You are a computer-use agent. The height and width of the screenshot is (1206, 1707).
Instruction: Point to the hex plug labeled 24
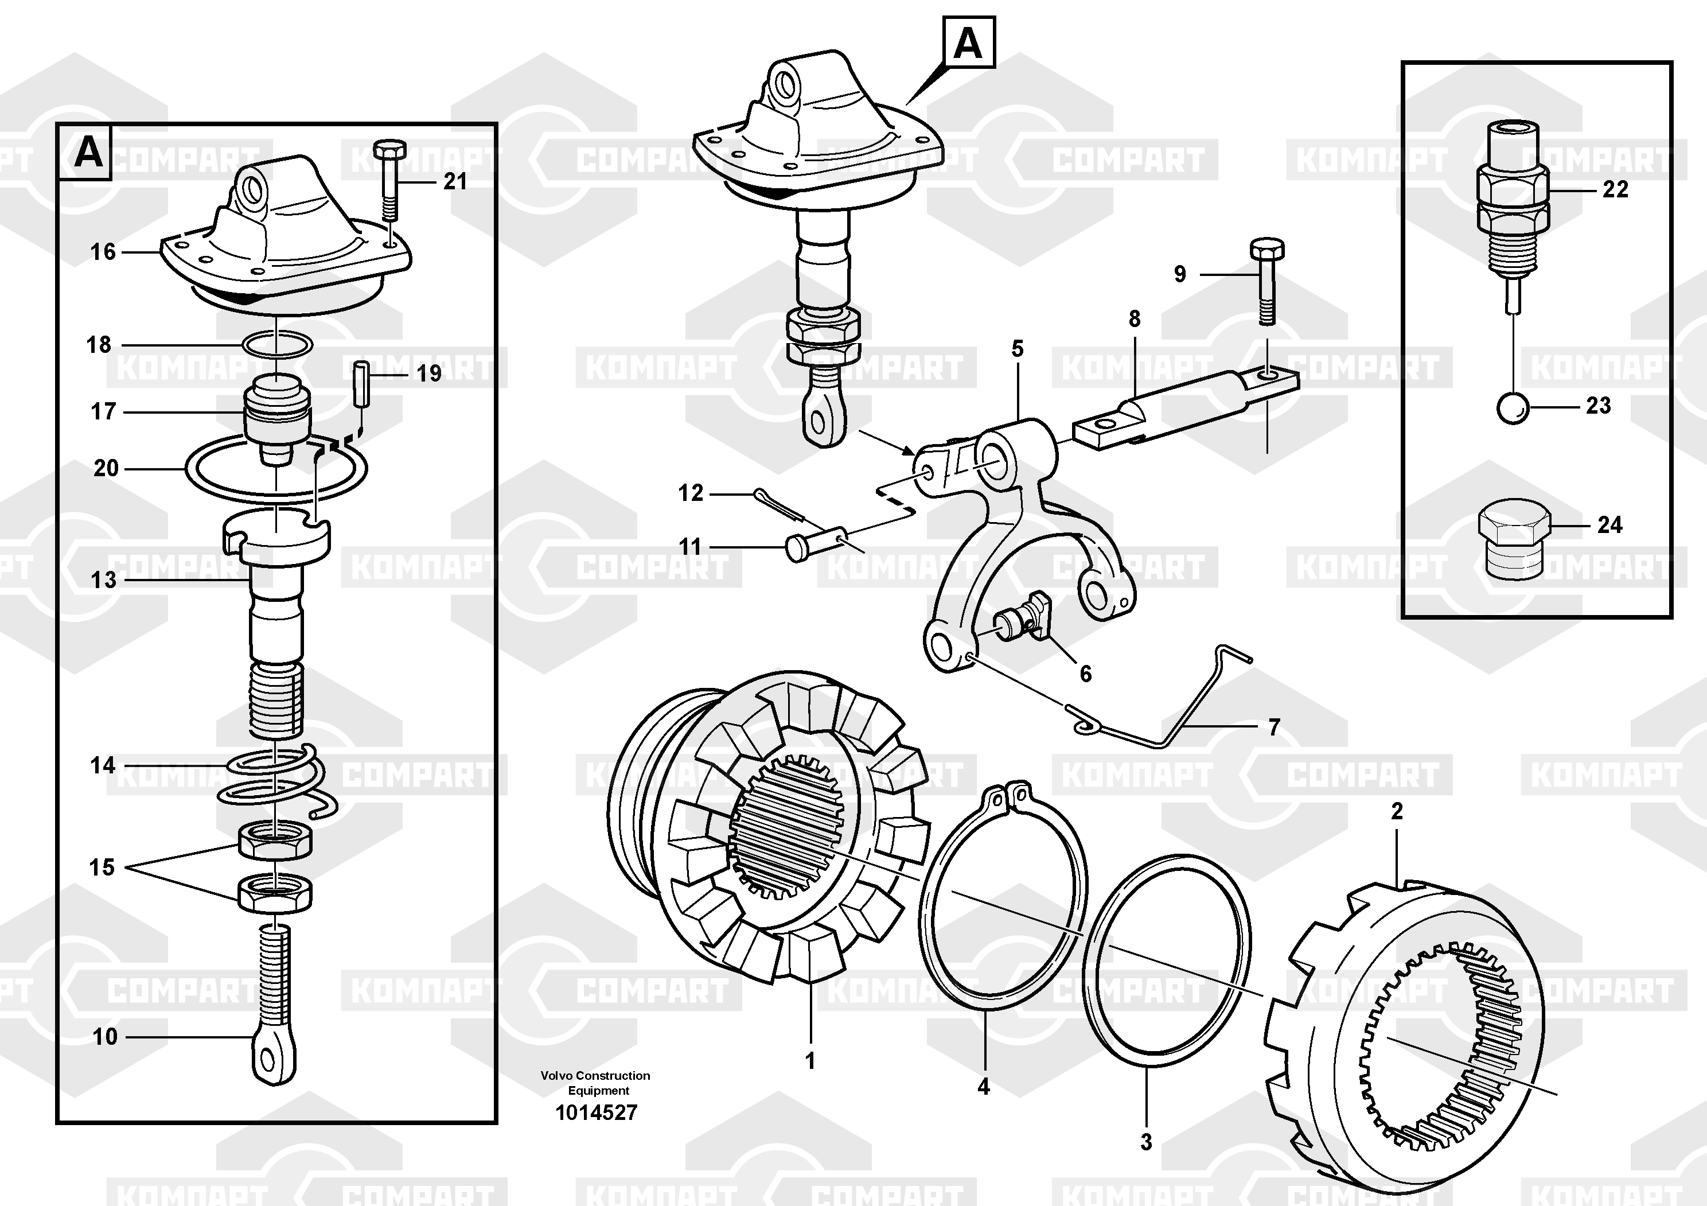(x=1514, y=540)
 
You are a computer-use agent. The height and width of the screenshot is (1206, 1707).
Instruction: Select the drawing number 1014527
(x=597, y=1113)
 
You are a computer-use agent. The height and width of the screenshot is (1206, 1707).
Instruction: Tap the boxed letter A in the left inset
(x=88, y=154)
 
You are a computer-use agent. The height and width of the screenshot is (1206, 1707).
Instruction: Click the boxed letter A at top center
(x=968, y=44)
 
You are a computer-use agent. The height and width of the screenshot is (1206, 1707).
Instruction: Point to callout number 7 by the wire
(x=1273, y=726)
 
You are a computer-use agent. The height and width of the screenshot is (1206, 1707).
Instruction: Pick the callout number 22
(x=1615, y=189)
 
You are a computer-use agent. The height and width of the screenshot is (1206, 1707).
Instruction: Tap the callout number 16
(x=103, y=252)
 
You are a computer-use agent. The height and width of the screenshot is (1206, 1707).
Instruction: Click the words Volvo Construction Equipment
(x=595, y=1083)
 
